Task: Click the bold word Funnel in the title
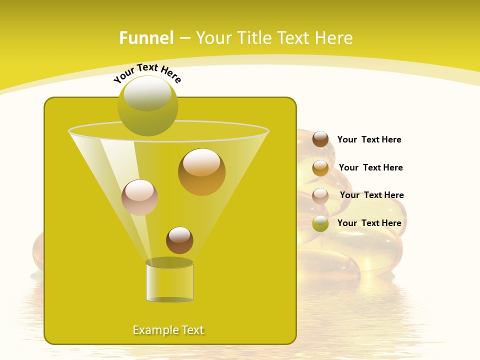(146, 38)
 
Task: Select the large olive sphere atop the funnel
(148, 106)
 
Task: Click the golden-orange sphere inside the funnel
(201, 172)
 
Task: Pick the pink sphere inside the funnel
(139, 197)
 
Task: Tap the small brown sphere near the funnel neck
(179, 240)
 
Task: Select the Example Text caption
(168, 330)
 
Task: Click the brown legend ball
(320, 139)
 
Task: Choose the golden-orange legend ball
(320, 168)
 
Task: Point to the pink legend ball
(320, 195)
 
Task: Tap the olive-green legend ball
(320, 223)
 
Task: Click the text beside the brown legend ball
(369, 140)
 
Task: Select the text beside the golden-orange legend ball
(370, 167)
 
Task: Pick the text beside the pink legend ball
(371, 195)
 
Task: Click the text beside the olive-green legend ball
(369, 223)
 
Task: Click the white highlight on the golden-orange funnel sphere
(201, 163)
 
